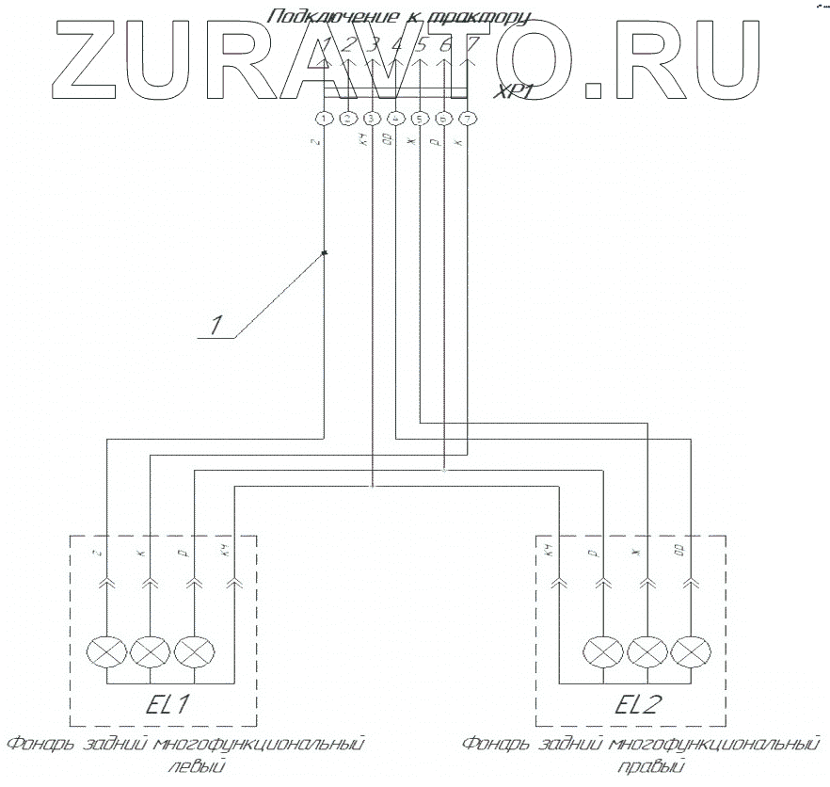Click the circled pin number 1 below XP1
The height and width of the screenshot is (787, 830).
coord(324,119)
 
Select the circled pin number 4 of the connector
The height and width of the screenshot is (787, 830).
coord(396,119)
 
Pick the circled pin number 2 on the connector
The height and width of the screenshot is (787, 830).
coord(348,119)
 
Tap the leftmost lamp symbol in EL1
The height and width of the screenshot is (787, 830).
coord(104,651)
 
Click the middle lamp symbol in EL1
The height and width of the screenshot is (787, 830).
coord(149,651)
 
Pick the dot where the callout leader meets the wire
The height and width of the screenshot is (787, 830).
coord(325,252)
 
